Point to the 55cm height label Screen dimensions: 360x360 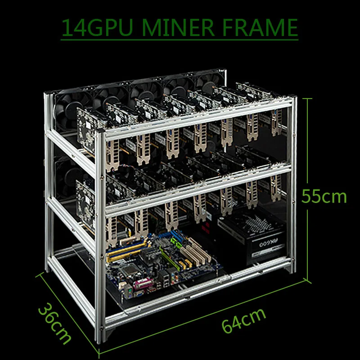[x=324, y=197]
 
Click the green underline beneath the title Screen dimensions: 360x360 [x=180, y=39]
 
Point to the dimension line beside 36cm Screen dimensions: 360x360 [x=67, y=310]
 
